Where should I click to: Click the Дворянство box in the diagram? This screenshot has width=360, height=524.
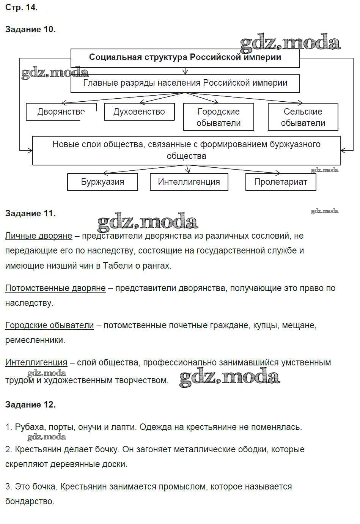click(x=61, y=112)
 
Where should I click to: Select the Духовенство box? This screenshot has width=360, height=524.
click(x=139, y=112)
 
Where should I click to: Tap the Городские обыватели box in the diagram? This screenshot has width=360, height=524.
click(x=219, y=117)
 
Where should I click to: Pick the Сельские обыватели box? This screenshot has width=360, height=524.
click(x=303, y=117)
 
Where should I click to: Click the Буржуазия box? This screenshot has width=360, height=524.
click(x=102, y=182)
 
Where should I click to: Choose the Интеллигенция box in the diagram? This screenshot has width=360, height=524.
click(x=189, y=182)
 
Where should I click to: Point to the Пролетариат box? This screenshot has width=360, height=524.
click(x=281, y=182)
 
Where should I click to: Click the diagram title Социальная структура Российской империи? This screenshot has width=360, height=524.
click(x=185, y=57)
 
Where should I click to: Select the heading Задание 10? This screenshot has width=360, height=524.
click(x=30, y=30)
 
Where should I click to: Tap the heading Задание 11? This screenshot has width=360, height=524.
click(x=30, y=214)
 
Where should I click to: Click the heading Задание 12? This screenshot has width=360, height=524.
click(x=30, y=405)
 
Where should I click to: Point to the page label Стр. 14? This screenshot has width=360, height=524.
click(x=21, y=8)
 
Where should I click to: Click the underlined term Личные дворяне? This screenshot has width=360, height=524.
click(x=39, y=236)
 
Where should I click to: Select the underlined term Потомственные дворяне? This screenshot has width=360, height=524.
click(x=55, y=288)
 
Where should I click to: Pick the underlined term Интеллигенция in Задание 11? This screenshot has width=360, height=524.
click(x=36, y=362)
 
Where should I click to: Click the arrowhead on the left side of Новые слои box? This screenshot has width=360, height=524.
click(x=30, y=151)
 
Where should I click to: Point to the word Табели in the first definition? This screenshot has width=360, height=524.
click(x=115, y=266)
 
